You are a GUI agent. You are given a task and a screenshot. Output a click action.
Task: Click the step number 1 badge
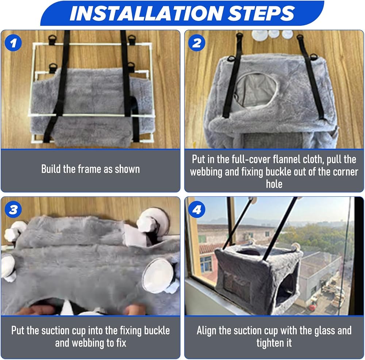13,43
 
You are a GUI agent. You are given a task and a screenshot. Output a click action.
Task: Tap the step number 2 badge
197,43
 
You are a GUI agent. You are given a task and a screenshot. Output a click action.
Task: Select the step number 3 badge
13,209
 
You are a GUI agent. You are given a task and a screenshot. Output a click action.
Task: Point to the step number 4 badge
197,209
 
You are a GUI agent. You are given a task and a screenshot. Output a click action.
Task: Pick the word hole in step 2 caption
274,184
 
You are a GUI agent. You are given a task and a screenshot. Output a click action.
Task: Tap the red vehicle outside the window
312,308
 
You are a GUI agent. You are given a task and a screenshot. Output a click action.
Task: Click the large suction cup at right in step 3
158,275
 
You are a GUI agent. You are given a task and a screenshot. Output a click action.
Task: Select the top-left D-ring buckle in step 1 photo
52,39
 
